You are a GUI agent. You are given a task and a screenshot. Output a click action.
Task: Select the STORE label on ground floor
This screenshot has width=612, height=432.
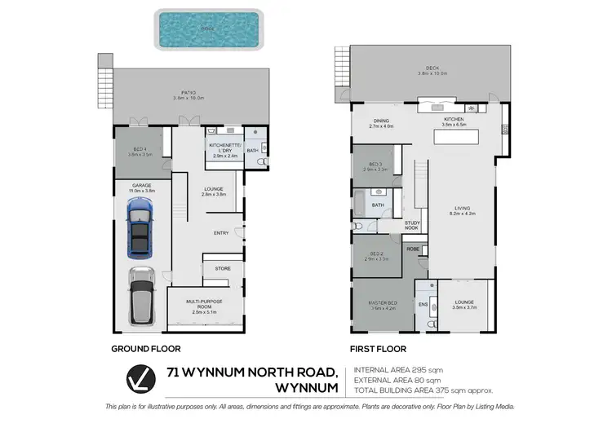[x=222, y=267]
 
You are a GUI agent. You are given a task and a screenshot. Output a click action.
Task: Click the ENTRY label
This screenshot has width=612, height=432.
[x=221, y=233]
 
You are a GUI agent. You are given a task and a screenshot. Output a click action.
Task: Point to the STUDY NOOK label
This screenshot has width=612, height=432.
[x=412, y=226]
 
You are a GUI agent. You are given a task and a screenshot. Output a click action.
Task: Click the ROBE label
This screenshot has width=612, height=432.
[x=413, y=249]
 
